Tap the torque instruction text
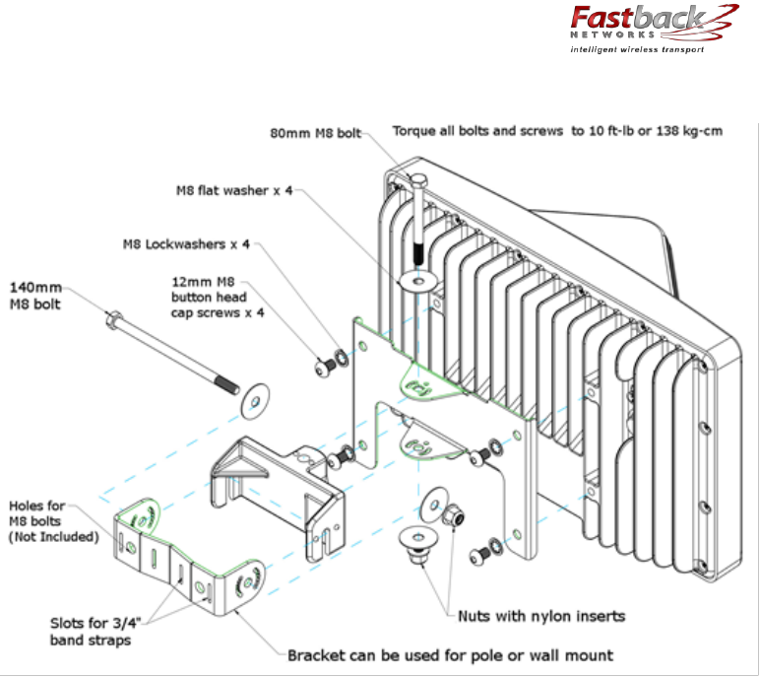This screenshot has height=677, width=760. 557,131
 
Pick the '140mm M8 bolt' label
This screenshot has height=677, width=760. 35,295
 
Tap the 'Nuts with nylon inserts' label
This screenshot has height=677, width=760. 540,617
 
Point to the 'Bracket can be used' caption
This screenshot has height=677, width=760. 450,655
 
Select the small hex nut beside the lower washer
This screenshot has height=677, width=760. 453,515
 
